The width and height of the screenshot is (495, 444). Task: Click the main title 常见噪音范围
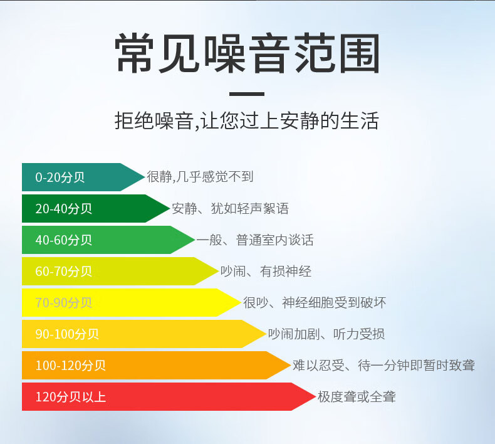tap(247, 53)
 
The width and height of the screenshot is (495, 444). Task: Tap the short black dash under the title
tap(247, 94)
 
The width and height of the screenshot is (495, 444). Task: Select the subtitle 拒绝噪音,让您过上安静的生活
tap(246, 120)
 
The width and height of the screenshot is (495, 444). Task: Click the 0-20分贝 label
tap(60, 177)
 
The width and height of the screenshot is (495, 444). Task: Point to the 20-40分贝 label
tap(63, 209)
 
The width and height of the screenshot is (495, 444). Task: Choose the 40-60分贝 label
tap(63, 240)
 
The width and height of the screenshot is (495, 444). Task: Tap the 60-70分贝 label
tap(63, 271)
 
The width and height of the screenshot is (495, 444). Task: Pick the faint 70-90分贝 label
tap(63, 302)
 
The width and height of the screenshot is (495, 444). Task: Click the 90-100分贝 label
tap(67, 334)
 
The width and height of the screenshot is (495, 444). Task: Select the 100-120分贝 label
tap(70, 366)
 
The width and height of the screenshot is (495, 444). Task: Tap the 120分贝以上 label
tap(70, 396)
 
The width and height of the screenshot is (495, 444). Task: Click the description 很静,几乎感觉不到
tap(200, 177)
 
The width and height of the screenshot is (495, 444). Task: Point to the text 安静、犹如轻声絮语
tap(230, 208)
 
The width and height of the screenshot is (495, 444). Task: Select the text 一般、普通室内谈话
tap(255, 240)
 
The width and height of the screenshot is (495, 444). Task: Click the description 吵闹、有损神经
tap(266, 271)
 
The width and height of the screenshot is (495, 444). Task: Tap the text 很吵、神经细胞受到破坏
tap(315, 302)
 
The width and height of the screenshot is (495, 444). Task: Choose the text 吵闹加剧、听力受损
tap(326, 334)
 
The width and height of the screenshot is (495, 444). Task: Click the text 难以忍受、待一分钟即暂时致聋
tap(383, 366)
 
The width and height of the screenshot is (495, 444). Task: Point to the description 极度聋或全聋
tap(357, 396)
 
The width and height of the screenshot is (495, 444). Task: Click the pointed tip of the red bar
tap(315, 396)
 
